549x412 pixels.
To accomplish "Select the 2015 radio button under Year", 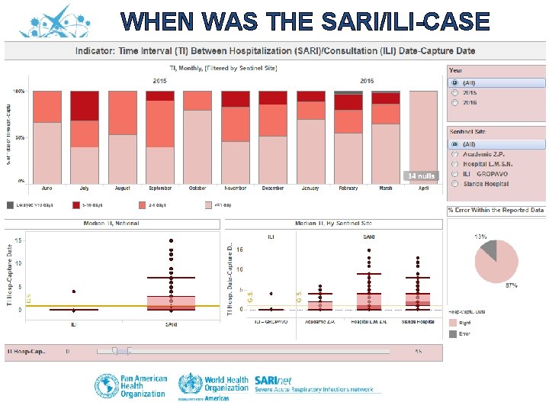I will pyautogui.click(x=455, y=92).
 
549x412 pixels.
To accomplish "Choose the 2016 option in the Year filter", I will pyautogui.click(x=455, y=102).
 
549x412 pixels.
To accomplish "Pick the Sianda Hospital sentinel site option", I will pyautogui.click(x=455, y=184).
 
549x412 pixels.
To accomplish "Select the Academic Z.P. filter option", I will pyautogui.click(x=455, y=154).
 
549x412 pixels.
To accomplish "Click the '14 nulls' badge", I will pyautogui.click(x=422, y=176).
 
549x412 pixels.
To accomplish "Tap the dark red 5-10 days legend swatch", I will pyautogui.click(x=76, y=204).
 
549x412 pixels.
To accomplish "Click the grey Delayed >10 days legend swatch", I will pyautogui.click(x=11, y=204).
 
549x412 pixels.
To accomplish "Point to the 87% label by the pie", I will pyautogui.click(x=511, y=285).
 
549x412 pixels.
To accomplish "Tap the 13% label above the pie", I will pyautogui.click(x=481, y=236).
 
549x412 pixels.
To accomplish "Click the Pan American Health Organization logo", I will pyautogui.click(x=130, y=385).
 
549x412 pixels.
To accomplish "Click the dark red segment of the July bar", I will pyautogui.click(x=85, y=106).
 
